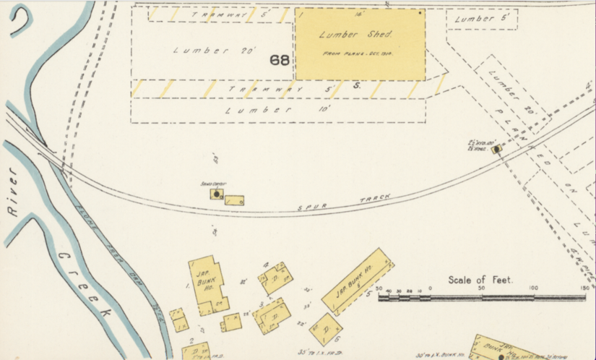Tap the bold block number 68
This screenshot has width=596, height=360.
280,60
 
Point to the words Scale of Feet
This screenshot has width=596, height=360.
480,280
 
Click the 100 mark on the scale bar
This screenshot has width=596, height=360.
533,289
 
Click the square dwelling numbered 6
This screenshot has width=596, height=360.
326,329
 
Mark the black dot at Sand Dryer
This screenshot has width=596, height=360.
216,194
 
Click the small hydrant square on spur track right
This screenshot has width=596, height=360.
496,150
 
